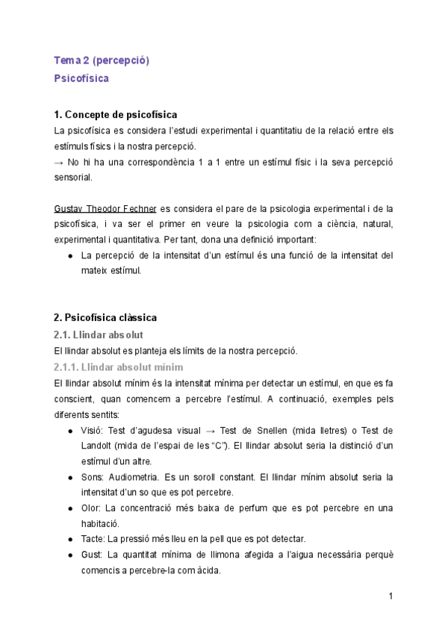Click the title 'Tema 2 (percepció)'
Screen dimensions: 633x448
[x=102, y=60]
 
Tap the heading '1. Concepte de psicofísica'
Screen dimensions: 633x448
[x=116, y=114]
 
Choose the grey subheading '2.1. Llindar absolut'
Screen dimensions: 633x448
[x=99, y=334]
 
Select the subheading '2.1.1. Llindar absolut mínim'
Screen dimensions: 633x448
[x=118, y=367]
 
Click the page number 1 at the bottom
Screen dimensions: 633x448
[x=391, y=596]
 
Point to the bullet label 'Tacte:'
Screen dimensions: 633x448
[x=93, y=538]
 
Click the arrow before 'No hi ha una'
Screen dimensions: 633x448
[x=60, y=162]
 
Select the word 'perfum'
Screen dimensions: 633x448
[x=249, y=508]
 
